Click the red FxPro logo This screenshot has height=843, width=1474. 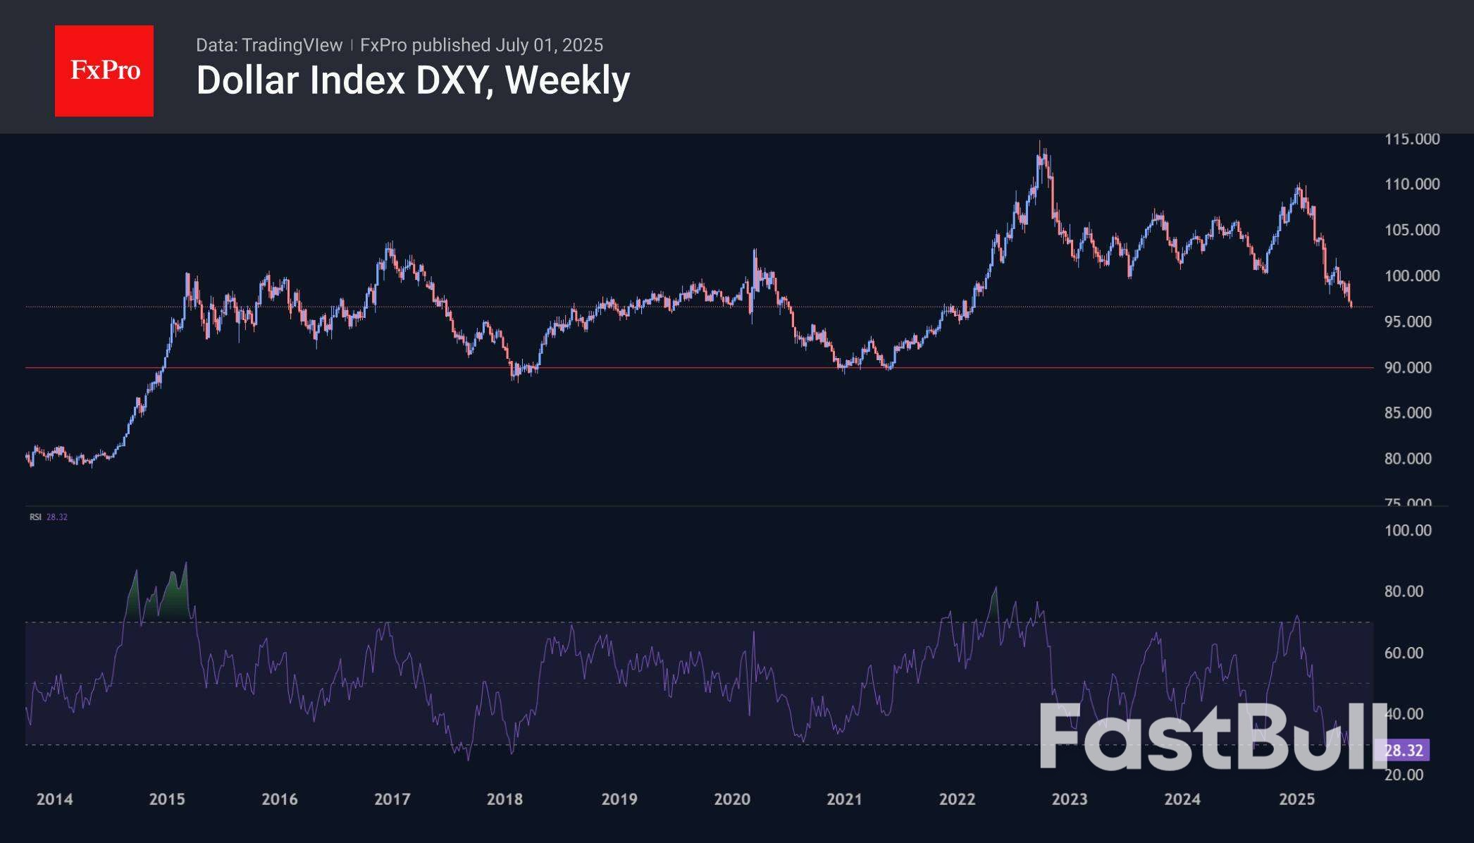[x=104, y=70]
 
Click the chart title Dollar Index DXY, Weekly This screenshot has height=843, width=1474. [x=413, y=80]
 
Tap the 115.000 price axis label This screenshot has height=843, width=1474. [x=1411, y=140]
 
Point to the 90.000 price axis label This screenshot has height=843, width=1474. [x=1411, y=367]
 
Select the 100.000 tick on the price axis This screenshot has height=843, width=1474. [x=1411, y=276]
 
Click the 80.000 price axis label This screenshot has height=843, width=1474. [x=1411, y=459]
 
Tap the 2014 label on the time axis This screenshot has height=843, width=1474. [x=54, y=799]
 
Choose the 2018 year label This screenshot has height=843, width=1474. [x=504, y=799]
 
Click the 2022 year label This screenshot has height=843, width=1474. [x=957, y=799]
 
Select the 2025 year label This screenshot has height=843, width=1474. [x=1296, y=799]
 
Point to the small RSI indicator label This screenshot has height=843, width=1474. [x=35, y=517]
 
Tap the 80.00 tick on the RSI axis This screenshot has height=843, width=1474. [x=1404, y=591]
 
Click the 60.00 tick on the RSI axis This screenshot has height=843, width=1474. [x=1404, y=653]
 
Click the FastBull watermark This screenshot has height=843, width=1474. [x=1212, y=737]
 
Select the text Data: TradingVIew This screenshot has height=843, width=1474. [x=269, y=45]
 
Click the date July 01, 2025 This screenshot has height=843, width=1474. [x=549, y=45]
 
